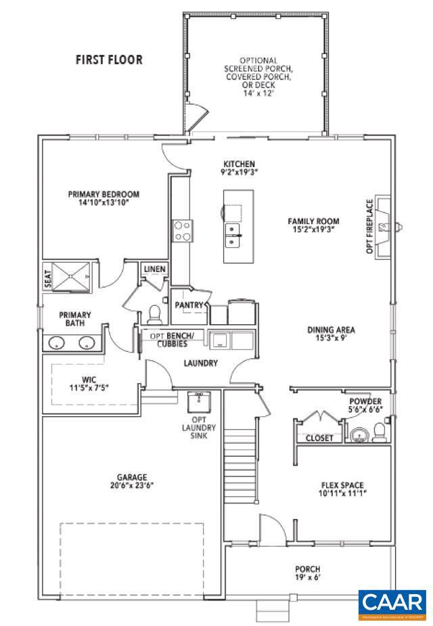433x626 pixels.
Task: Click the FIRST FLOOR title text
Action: point(109,60)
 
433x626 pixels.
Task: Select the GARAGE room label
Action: point(131,481)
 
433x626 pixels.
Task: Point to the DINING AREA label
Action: point(332,334)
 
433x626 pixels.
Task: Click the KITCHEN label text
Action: point(240,168)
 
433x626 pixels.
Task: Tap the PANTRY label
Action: point(189,305)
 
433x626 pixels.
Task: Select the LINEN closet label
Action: point(154,270)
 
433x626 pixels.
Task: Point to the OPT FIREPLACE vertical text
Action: point(369,227)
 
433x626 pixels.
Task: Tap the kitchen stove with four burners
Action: point(182,231)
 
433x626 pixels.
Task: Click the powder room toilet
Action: point(380,431)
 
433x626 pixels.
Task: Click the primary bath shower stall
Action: point(71,276)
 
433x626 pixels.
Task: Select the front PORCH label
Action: point(307,573)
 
